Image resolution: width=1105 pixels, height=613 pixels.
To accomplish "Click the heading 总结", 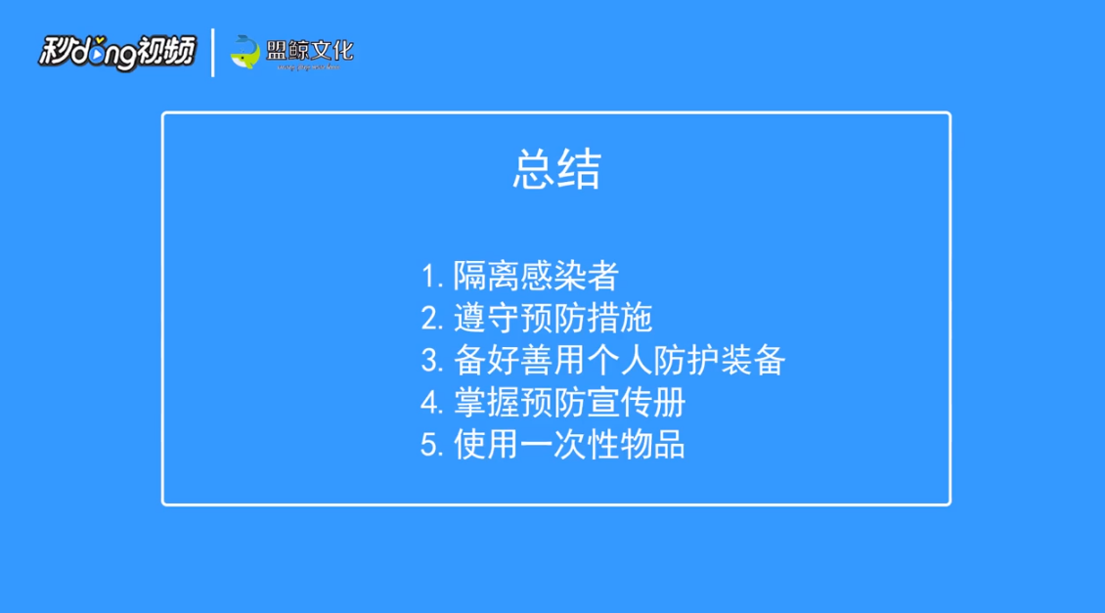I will pos(556,170).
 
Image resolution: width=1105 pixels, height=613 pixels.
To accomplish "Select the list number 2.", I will pos(431,319).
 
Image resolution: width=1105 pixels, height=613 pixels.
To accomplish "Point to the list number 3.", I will pos(431,361).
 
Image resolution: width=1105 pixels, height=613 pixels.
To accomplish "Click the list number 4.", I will pos(431,403).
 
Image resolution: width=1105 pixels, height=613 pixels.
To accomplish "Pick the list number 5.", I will pos(431,445).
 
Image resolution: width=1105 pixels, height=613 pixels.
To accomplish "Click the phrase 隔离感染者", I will pos(536,277).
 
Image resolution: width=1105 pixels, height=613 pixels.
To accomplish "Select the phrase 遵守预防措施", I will pos(552,319).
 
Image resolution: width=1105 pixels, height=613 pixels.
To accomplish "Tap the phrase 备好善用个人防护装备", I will pos(619,361).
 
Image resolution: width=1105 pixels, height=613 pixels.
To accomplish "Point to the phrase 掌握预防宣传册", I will pos(569,403).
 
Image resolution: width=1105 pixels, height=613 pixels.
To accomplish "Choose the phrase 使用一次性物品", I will pos(569,445).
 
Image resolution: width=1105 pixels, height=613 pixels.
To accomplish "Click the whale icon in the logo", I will pos(244,52).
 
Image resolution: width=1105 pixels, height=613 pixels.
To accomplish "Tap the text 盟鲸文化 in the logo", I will pos(309,48).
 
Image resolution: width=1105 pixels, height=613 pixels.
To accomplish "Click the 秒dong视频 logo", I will pos(116,52).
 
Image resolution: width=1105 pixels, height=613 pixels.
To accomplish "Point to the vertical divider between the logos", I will pos(213,52).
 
